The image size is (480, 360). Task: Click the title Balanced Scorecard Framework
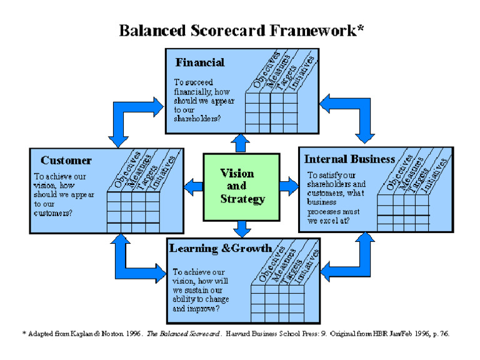click(241, 30)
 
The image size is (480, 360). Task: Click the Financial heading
click(200, 62)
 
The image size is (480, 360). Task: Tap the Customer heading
click(66, 161)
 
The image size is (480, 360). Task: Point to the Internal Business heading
click(349, 159)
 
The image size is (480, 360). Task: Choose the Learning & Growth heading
click(221, 249)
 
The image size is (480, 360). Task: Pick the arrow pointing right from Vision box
click(288, 186)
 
